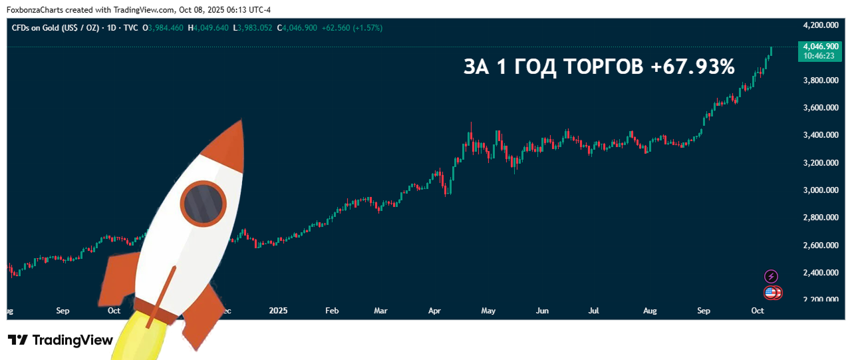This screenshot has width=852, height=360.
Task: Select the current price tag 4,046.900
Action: pos(820,47)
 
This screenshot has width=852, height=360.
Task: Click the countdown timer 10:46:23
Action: pos(820,57)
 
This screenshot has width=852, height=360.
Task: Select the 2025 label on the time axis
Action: pos(279,310)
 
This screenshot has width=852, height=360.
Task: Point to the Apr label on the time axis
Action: pos(434,310)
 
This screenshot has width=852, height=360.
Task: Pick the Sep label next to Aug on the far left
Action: pos(63,310)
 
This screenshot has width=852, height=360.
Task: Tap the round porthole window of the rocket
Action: pos(203,202)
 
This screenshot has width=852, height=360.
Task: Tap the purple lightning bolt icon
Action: pos(771,276)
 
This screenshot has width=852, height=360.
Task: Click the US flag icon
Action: pos(770,292)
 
